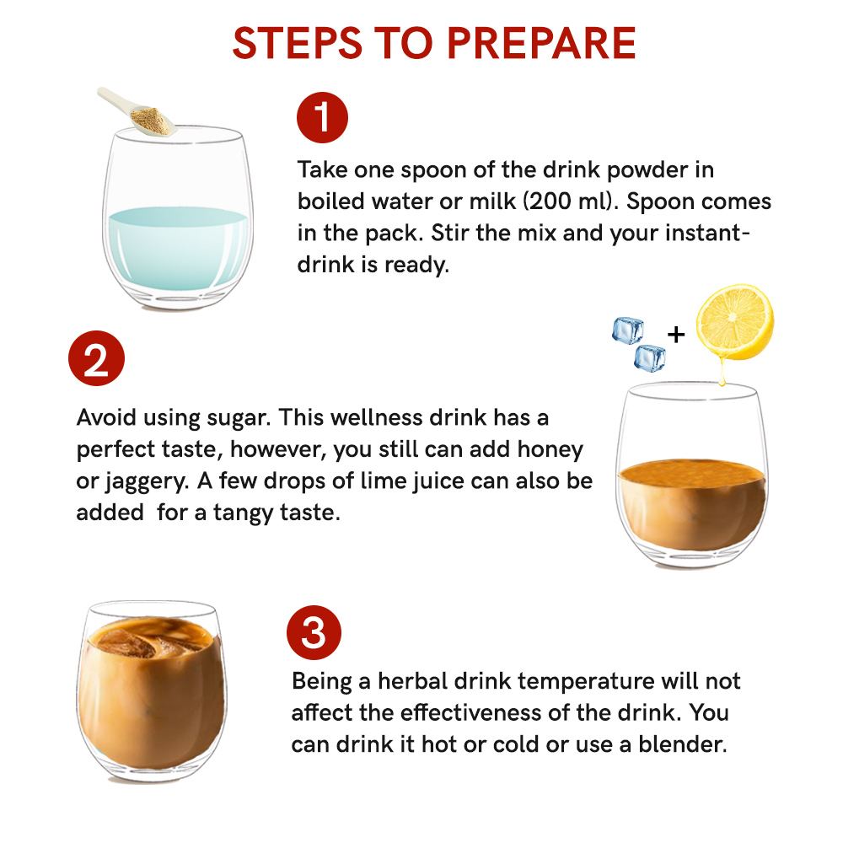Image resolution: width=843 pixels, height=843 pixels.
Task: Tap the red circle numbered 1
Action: [322, 117]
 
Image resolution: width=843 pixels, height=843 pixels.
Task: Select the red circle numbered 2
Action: [96, 361]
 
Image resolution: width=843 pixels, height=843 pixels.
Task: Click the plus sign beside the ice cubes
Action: [676, 335]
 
